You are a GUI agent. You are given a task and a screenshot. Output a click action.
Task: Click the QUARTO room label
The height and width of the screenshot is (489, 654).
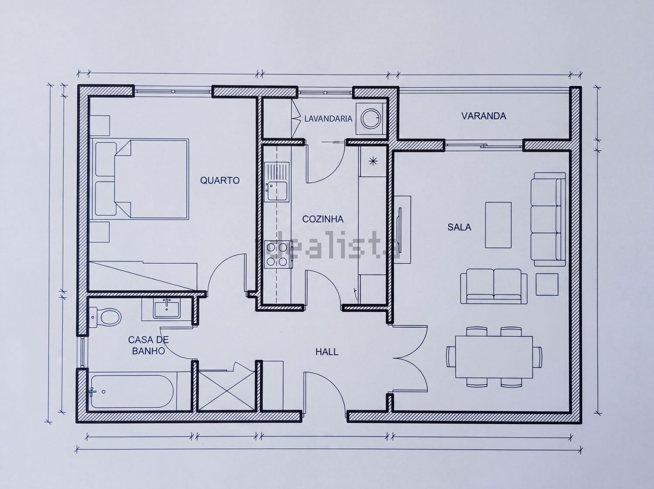tap(220, 180)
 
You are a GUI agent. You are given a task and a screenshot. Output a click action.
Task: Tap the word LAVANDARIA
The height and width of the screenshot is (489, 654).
tap(328, 119)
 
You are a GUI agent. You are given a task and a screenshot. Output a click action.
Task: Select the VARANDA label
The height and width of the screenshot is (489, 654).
tap(484, 116)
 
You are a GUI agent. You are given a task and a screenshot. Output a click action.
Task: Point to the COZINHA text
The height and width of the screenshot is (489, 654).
tap(323, 219)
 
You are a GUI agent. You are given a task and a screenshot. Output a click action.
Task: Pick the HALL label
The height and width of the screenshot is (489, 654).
tap(327, 352)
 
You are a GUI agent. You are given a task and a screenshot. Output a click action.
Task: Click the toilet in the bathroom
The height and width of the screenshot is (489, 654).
tap(106, 317)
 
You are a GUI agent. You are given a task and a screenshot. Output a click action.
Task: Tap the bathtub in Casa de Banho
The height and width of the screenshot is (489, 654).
tap(132, 392)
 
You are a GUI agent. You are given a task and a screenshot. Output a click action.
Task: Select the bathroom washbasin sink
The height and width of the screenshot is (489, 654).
tap(167, 310)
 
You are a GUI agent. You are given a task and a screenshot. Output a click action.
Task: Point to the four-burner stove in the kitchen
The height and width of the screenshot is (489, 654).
tap(278, 254)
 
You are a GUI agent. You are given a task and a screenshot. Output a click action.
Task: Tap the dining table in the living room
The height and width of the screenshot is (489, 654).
tap(494, 357)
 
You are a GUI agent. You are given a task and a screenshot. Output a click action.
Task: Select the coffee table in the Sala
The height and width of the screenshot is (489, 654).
tap(498, 225)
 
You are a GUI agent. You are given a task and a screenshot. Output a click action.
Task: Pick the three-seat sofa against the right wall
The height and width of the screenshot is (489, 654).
tap(548, 219)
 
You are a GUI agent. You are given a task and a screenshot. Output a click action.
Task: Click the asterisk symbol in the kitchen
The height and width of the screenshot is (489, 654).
tap(373, 162)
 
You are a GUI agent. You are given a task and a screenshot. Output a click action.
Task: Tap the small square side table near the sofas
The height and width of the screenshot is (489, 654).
tap(547, 284)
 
